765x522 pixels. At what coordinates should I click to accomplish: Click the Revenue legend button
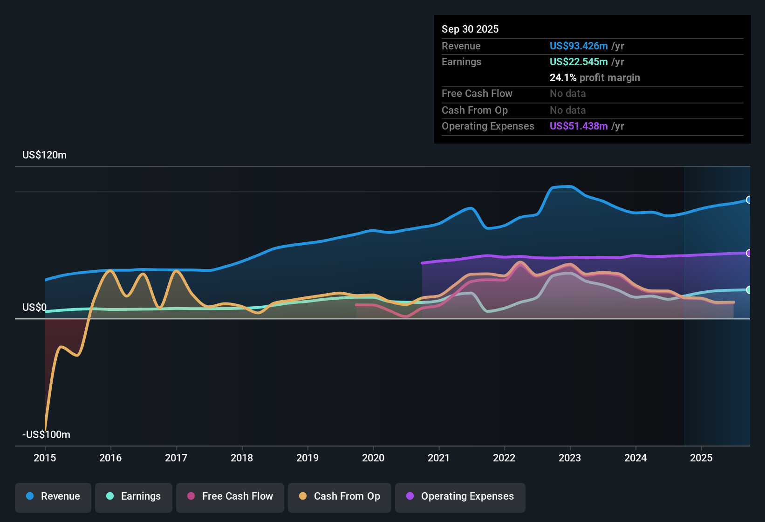(x=53, y=496)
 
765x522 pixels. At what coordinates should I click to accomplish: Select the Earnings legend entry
(x=134, y=496)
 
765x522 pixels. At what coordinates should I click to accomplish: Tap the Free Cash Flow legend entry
(x=230, y=496)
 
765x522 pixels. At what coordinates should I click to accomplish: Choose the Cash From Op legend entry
(x=340, y=496)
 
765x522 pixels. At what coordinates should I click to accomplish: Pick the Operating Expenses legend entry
(x=460, y=496)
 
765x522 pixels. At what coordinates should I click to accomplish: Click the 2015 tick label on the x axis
(x=45, y=458)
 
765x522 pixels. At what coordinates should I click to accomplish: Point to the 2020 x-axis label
(x=373, y=458)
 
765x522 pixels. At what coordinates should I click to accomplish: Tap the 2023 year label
(x=570, y=458)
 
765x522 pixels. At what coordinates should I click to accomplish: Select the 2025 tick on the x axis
(x=701, y=458)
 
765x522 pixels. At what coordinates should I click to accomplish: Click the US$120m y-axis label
(x=44, y=155)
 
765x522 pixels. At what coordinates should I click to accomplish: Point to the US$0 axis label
(x=34, y=308)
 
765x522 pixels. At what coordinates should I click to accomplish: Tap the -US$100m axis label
(x=46, y=435)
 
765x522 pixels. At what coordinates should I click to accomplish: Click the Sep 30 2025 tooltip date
(x=470, y=29)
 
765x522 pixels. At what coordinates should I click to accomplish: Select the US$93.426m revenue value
(x=579, y=46)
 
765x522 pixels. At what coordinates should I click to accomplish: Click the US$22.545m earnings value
(x=579, y=62)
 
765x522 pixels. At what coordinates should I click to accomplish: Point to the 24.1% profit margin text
(x=594, y=77)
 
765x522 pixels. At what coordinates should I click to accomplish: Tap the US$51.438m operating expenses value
(x=579, y=126)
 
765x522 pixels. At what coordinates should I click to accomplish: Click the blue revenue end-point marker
(x=749, y=200)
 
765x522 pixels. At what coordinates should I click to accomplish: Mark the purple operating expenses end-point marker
(x=749, y=253)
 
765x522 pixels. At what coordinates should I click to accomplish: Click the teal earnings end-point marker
(x=749, y=290)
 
